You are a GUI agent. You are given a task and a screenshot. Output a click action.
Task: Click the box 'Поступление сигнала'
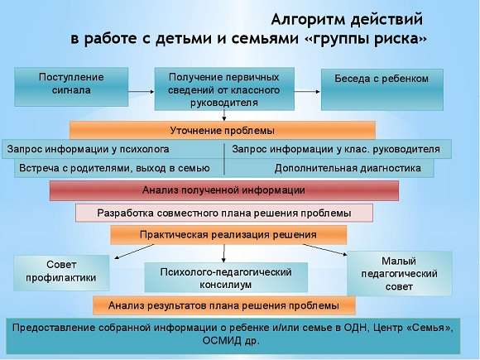click(x=71, y=84)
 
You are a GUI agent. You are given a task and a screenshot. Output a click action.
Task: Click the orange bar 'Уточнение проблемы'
click(x=222, y=131)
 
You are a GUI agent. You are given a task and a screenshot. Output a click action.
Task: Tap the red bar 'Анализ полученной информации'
click(x=224, y=190)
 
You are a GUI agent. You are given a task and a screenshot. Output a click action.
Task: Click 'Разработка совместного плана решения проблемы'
click(x=224, y=213)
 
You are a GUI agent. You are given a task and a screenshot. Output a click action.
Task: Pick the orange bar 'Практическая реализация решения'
click(x=228, y=235)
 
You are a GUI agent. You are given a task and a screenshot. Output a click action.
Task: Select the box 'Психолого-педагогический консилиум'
click(x=226, y=277)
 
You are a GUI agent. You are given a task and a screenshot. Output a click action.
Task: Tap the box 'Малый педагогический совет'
click(x=399, y=273)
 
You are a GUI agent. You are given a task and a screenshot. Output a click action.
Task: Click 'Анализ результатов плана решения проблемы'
click(x=223, y=306)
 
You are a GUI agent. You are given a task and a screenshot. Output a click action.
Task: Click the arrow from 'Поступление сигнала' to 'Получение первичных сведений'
click(x=142, y=83)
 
